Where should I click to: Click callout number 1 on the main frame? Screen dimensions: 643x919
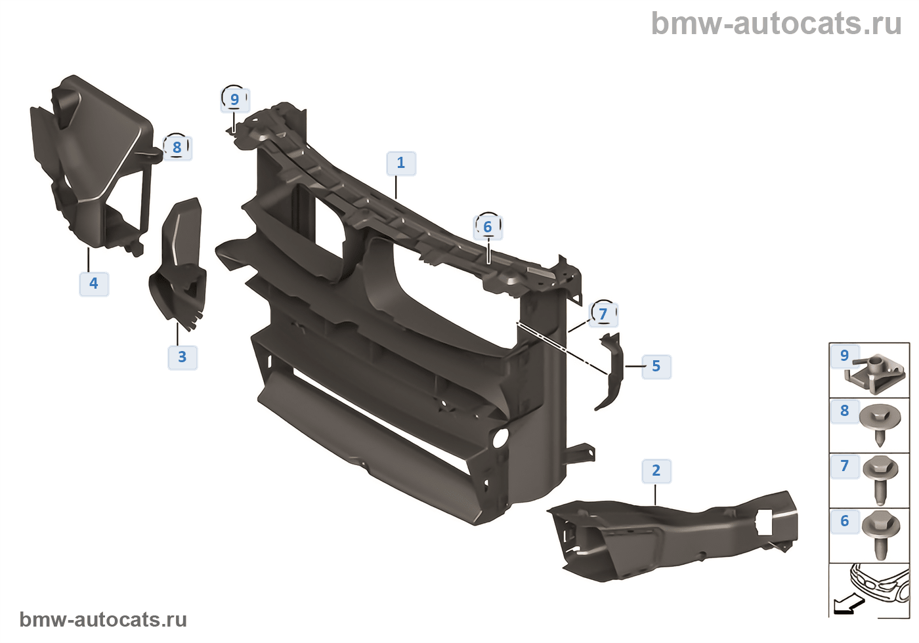[x=401, y=163]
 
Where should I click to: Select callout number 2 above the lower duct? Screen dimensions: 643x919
[x=656, y=470]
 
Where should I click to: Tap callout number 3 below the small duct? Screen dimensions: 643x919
[x=182, y=357]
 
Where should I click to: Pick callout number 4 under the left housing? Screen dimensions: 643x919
[x=94, y=283]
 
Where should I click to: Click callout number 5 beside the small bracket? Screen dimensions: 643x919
[x=656, y=366]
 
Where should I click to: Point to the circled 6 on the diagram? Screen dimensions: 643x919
[x=488, y=227]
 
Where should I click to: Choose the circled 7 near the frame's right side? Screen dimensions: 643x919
[x=603, y=314]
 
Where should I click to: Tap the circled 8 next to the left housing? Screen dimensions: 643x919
[x=177, y=148]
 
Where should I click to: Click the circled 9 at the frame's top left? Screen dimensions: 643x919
[x=234, y=100]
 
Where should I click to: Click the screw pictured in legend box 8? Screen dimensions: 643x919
[x=879, y=423]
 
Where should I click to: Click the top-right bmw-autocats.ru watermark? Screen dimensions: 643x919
[x=776, y=24]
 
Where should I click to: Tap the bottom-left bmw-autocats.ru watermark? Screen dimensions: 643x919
[x=103, y=619]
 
